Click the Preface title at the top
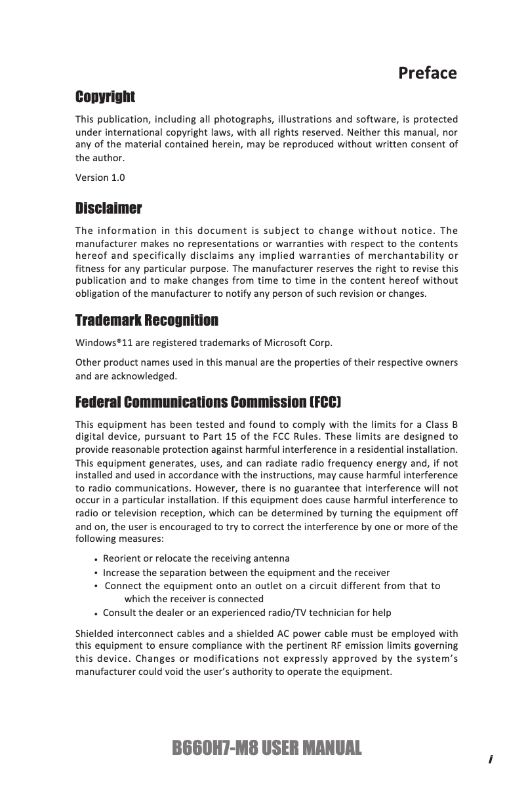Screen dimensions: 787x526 (x=427, y=73)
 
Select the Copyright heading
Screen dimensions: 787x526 (x=105, y=97)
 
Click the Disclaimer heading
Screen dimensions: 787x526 (x=108, y=208)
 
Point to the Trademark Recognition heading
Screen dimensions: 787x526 (x=147, y=320)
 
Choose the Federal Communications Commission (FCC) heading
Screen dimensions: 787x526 (x=209, y=401)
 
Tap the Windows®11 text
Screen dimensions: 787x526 (x=100, y=343)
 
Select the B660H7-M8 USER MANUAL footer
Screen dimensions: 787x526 (x=266, y=748)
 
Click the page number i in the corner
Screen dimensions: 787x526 (x=490, y=759)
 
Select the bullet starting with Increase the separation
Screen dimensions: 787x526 (x=246, y=572)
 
